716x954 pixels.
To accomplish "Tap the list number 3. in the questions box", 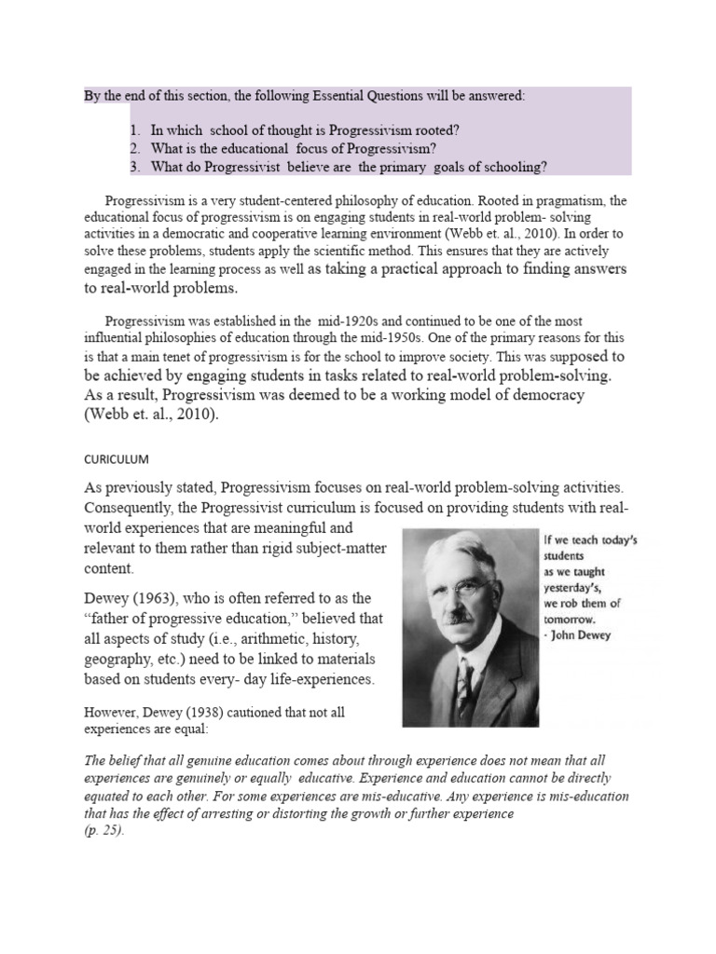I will click(x=136, y=167).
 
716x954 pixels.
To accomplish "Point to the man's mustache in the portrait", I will click(x=462, y=616).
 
